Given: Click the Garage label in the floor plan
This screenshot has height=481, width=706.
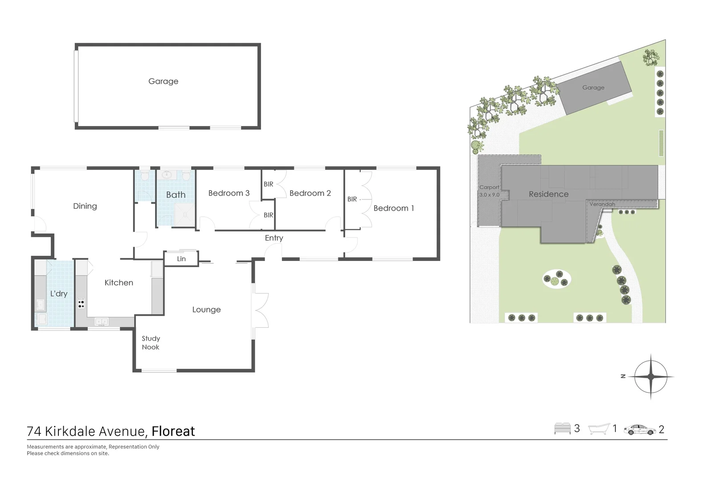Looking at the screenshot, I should coord(163,81).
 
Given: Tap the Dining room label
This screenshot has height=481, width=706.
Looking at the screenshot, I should coord(85,206).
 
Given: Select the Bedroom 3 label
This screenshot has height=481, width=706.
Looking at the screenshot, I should coord(229,193).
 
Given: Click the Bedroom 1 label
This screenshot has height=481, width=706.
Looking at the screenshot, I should coord(393,208).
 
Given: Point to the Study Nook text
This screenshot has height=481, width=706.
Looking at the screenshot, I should coord(151,342).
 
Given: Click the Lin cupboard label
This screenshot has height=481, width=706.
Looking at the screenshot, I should coord(181,259).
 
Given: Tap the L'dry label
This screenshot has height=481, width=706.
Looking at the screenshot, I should coord(59,293).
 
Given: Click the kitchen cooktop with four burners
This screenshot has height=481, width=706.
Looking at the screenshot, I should coord(81,304).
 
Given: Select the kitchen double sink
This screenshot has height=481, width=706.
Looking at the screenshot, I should coord(102,321).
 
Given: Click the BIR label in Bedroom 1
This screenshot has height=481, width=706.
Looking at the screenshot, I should coord(352,199).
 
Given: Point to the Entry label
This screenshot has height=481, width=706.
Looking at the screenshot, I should coord(273,238).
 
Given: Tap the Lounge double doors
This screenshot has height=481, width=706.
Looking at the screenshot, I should coord(260,310).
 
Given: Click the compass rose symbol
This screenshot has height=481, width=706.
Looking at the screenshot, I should coord(650,376).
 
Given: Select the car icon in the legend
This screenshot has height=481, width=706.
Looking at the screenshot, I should coord(640,429).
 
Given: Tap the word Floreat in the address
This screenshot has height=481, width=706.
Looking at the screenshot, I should coord(173,431).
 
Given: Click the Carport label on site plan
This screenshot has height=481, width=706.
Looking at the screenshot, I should coord(489,188).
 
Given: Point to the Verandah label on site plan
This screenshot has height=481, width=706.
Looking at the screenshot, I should coord(602,204).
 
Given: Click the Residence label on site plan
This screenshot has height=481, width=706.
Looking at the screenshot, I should coord(548,194).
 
